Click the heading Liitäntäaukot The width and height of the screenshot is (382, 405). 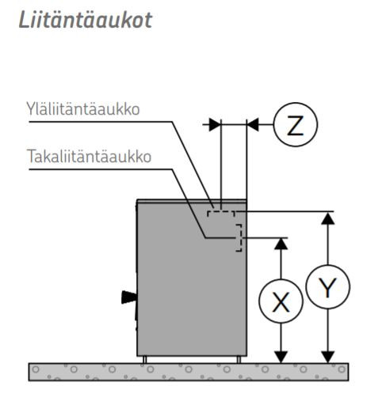pyautogui.click(x=86, y=20)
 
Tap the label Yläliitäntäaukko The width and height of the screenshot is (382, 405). pyautogui.click(x=83, y=109)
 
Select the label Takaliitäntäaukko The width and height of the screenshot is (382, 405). pyautogui.click(x=89, y=156)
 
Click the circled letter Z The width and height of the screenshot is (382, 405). pyautogui.click(x=296, y=124)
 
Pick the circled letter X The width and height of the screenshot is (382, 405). pyautogui.click(x=281, y=301)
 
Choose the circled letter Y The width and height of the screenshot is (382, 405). pyautogui.click(x=328, y=286)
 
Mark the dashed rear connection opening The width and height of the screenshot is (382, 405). pyautogui.click(x=239, y=237)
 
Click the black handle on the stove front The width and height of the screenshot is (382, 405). pyautogui.click(x=129, y=297)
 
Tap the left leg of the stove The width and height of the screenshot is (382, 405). pyautogui.click(x=144, y=360)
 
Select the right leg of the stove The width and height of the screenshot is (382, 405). pyautogui.click(x=239, y=360)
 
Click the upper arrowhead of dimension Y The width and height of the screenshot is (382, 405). pyautogui.click(x=328, y=218)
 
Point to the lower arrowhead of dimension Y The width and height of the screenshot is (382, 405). pyautogui.click(x=328, y=357)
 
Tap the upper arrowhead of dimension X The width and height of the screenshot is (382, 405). pyautogui.click(x=281, y=244)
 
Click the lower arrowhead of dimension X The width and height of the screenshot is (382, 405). pyautogui.click(x=281, y=357)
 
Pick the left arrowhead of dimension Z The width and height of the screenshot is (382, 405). pyautogui.click(x=215, y=124)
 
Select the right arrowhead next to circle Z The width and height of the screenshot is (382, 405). pyautogui.click(x=253, y=124)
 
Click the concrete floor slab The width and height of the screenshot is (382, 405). pyautogui.click(x=189, y=372)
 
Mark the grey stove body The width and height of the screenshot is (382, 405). pyautogui.click(x=192, y=279)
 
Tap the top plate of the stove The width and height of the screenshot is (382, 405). pyautogui.click(x=192, y=201)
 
